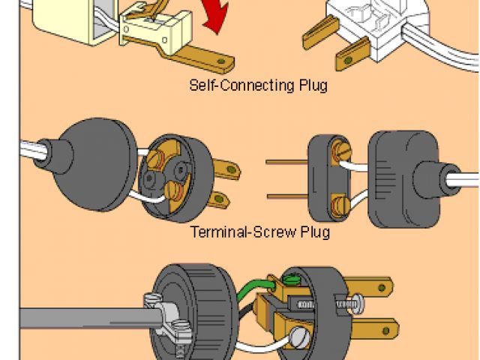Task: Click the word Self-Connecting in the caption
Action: coord(232,85)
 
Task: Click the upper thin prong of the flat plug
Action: coord(284,162)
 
